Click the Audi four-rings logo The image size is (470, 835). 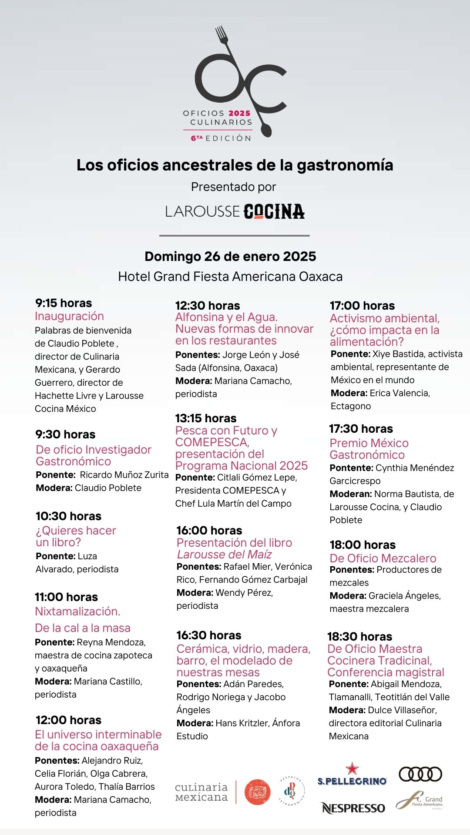[420, 774]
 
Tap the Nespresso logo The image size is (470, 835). [353, 808]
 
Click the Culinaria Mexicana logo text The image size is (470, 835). [201, 792]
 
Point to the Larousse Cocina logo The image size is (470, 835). [235, 211]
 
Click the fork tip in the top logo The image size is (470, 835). [221, 33]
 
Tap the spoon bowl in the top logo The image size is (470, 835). [266, 129]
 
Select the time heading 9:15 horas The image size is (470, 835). [64, 303]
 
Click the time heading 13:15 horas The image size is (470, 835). [206, 418]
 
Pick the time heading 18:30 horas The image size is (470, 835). [359, 637]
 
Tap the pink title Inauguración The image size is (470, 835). [69, 316]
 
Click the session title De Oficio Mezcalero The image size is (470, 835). [383, 558]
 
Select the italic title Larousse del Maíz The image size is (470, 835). [224, 554]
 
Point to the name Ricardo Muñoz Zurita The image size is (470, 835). [124, 475]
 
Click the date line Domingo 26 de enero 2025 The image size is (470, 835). [230, 257]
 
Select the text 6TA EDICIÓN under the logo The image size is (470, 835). [221, 138]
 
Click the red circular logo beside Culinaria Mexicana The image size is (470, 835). [258, 792]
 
